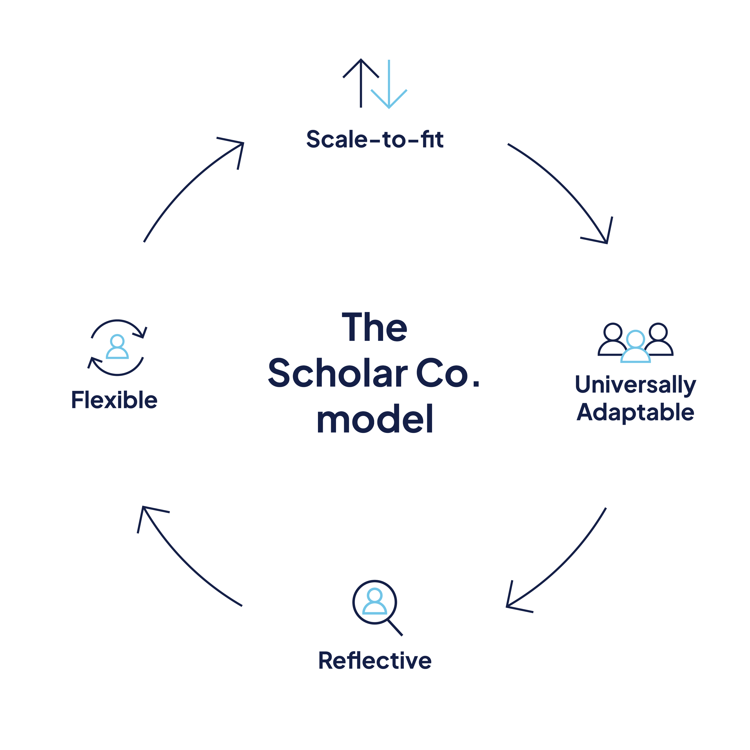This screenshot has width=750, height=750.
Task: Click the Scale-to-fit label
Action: [x=375, y=139]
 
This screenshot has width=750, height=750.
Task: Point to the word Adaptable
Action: [x=635, y=412]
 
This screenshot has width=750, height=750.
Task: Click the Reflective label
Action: [x=375, y=660]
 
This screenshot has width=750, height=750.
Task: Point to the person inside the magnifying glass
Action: [x=374, y=601]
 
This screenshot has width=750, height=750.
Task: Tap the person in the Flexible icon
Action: [x=117, y=347]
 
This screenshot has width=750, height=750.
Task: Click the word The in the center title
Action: [x=375, y=328]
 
